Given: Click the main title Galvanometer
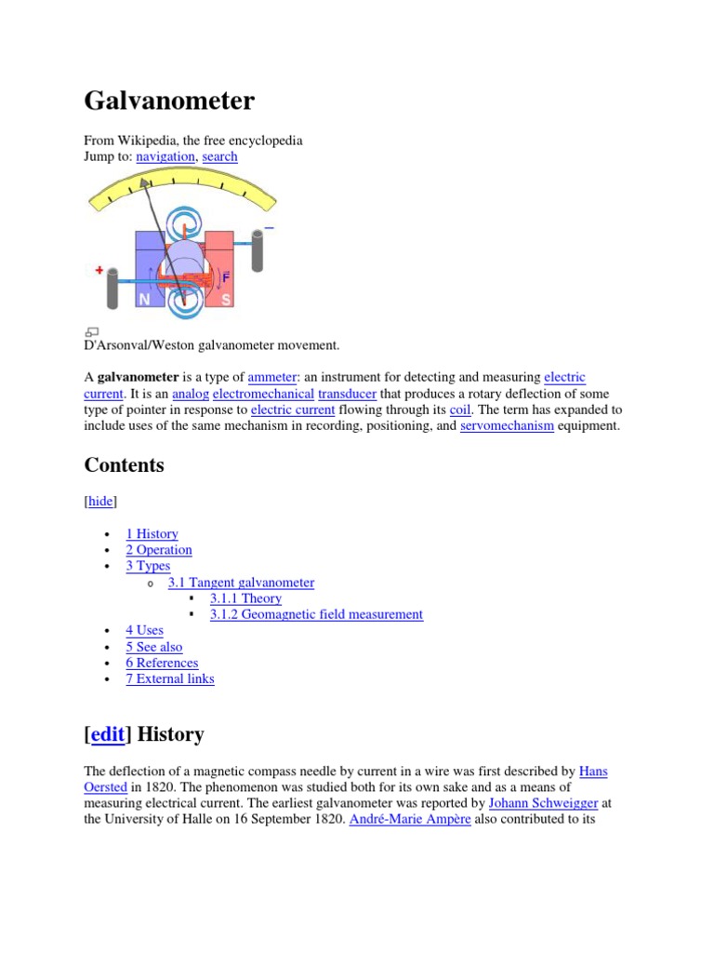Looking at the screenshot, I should (169, 101).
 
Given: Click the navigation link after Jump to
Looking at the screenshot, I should (165, 156).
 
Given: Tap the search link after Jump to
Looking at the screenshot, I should (219, 156).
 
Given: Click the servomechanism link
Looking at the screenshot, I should (507, 425).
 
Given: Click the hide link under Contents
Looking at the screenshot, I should (100, 502).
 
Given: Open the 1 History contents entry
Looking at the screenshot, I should (152, 534).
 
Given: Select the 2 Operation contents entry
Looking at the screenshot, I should (159, 550).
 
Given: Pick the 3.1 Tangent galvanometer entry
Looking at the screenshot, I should (241, 583).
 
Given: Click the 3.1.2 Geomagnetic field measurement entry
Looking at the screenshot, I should (316, 614).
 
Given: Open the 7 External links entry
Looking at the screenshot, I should (170, 678).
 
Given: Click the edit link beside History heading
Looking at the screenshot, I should (108, 734).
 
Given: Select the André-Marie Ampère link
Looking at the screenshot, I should (410, 819).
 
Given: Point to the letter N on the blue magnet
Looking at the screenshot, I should (144, 301).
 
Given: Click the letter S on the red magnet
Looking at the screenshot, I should (225, 300).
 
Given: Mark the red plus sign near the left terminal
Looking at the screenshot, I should (99, 270).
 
